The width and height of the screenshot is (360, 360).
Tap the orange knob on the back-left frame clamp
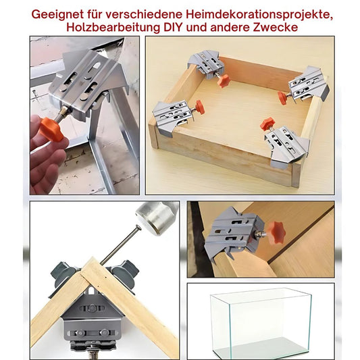tap(224, 80)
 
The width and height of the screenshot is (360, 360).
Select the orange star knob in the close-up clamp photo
tap(275, 233)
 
